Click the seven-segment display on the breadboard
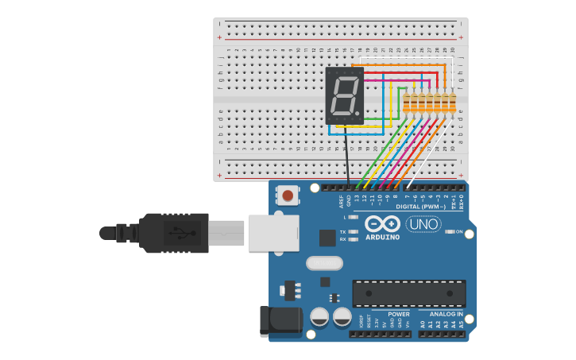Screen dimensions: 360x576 [344, 95]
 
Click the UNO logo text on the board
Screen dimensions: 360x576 [423, 224]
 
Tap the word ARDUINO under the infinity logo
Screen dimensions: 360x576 [383, 236]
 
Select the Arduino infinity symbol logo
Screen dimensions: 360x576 [383, 223]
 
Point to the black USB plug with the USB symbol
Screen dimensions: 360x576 [174, 233]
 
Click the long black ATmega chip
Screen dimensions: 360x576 [409, 293]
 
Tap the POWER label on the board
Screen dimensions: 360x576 [399, 314]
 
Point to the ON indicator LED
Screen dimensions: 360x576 [450, 231]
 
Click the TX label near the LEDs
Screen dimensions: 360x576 [342, 231]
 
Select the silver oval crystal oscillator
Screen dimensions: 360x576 [324, 262]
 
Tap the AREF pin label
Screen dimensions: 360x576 [341, 200]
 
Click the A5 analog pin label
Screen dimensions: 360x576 [462, 324]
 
